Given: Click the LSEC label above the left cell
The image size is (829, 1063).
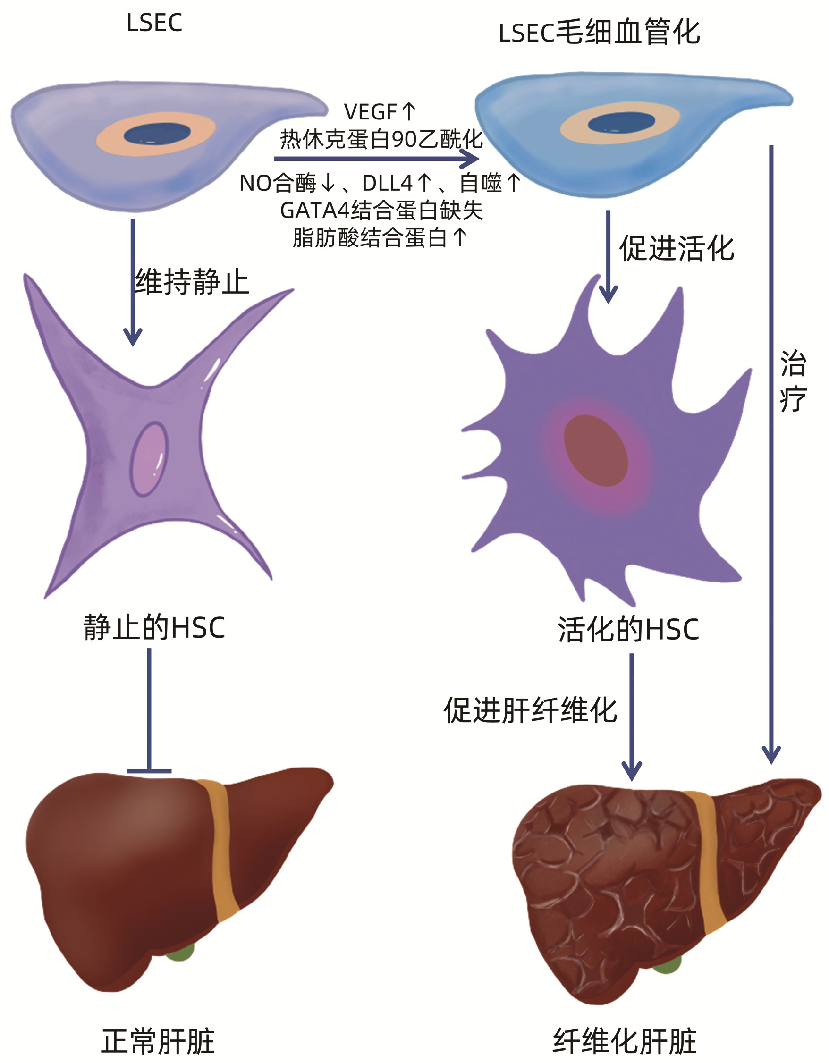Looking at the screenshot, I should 154,23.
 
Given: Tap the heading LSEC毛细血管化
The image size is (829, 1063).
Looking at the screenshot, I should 599,33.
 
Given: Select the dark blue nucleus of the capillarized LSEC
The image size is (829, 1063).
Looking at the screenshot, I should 621,123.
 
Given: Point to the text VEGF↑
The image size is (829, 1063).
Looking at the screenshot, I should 380,112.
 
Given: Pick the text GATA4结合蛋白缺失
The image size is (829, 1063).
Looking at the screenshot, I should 381,211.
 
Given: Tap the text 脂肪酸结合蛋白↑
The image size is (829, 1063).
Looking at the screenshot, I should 380,238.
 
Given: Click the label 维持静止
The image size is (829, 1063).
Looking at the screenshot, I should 192,282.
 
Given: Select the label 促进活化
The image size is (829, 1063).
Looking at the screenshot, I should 677,248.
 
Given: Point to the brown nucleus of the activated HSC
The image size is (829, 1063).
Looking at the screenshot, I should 596,450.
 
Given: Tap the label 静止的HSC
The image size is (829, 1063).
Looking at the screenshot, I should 154,627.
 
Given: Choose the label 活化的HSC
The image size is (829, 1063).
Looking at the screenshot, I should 628,629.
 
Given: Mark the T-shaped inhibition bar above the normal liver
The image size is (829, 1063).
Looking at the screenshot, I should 149,770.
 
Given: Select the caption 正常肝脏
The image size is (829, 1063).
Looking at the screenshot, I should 158,1042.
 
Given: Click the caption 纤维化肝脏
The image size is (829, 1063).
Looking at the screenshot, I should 625,1042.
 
